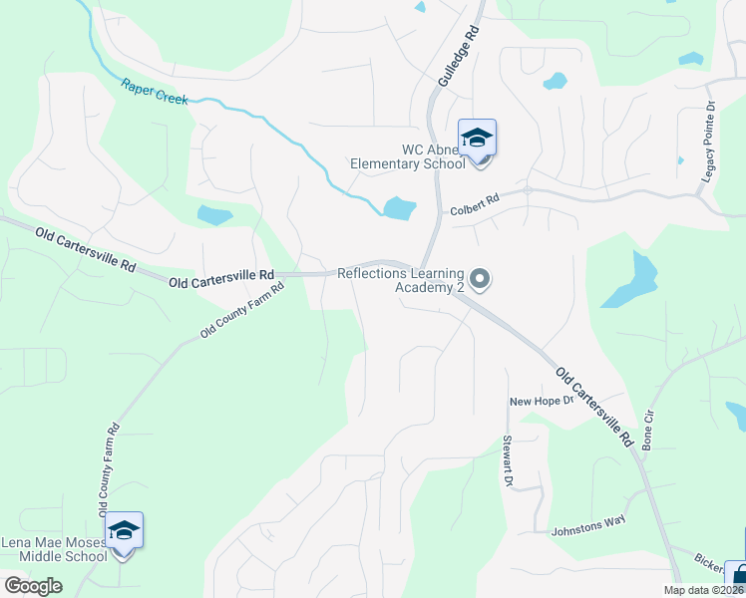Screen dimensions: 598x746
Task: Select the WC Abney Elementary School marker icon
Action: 477,139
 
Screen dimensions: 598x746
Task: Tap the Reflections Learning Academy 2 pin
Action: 480,280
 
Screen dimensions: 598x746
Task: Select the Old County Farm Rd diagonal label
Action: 242,310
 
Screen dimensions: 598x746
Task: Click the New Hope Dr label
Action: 543,401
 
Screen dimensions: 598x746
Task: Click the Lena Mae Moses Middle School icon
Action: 125,531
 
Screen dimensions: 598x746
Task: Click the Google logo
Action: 33,585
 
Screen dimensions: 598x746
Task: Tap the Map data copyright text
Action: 702,590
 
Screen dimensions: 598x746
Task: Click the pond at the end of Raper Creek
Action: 399,208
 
